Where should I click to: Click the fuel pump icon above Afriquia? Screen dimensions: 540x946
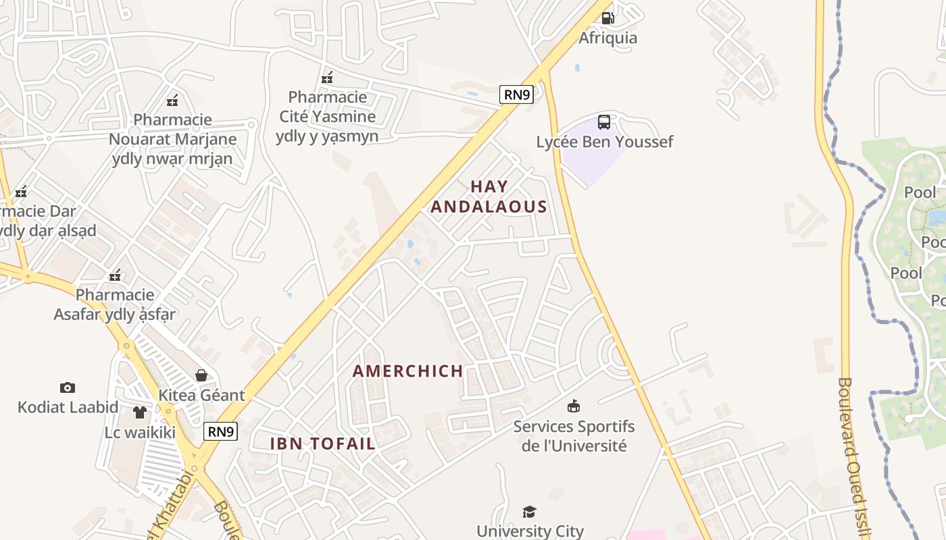click(607, 18)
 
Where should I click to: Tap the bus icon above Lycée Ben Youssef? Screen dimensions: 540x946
click(604, 122)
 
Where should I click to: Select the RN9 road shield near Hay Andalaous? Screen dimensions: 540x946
click(516, 94)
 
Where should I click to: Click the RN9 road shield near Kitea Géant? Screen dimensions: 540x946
click(221, 431)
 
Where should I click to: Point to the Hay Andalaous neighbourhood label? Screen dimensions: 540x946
click(489, 196)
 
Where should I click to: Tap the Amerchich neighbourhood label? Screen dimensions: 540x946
click(408, 371)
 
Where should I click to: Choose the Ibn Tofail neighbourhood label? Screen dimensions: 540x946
click(323, 443)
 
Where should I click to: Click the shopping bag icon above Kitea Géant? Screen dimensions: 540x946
click(201, 375)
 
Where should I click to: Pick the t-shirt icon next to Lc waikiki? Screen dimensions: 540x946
click(140, 412)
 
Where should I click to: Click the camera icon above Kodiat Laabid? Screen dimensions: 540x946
click(67, 387)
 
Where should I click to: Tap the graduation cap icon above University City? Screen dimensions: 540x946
click(530, 512)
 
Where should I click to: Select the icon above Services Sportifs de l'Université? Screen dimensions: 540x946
click(574, 406)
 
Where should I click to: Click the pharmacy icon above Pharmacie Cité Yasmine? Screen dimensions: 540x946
click(327, 78)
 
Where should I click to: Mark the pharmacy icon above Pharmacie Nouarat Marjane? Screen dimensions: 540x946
click(172, 101)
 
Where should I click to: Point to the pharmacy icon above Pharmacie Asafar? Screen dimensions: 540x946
click(115, 275)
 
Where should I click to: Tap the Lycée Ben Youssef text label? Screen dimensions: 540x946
click(604, 142)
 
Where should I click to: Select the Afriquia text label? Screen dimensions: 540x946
click(607, 38)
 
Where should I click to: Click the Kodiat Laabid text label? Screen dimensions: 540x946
click(68, 407)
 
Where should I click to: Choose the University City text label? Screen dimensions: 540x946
click(530, 531)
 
